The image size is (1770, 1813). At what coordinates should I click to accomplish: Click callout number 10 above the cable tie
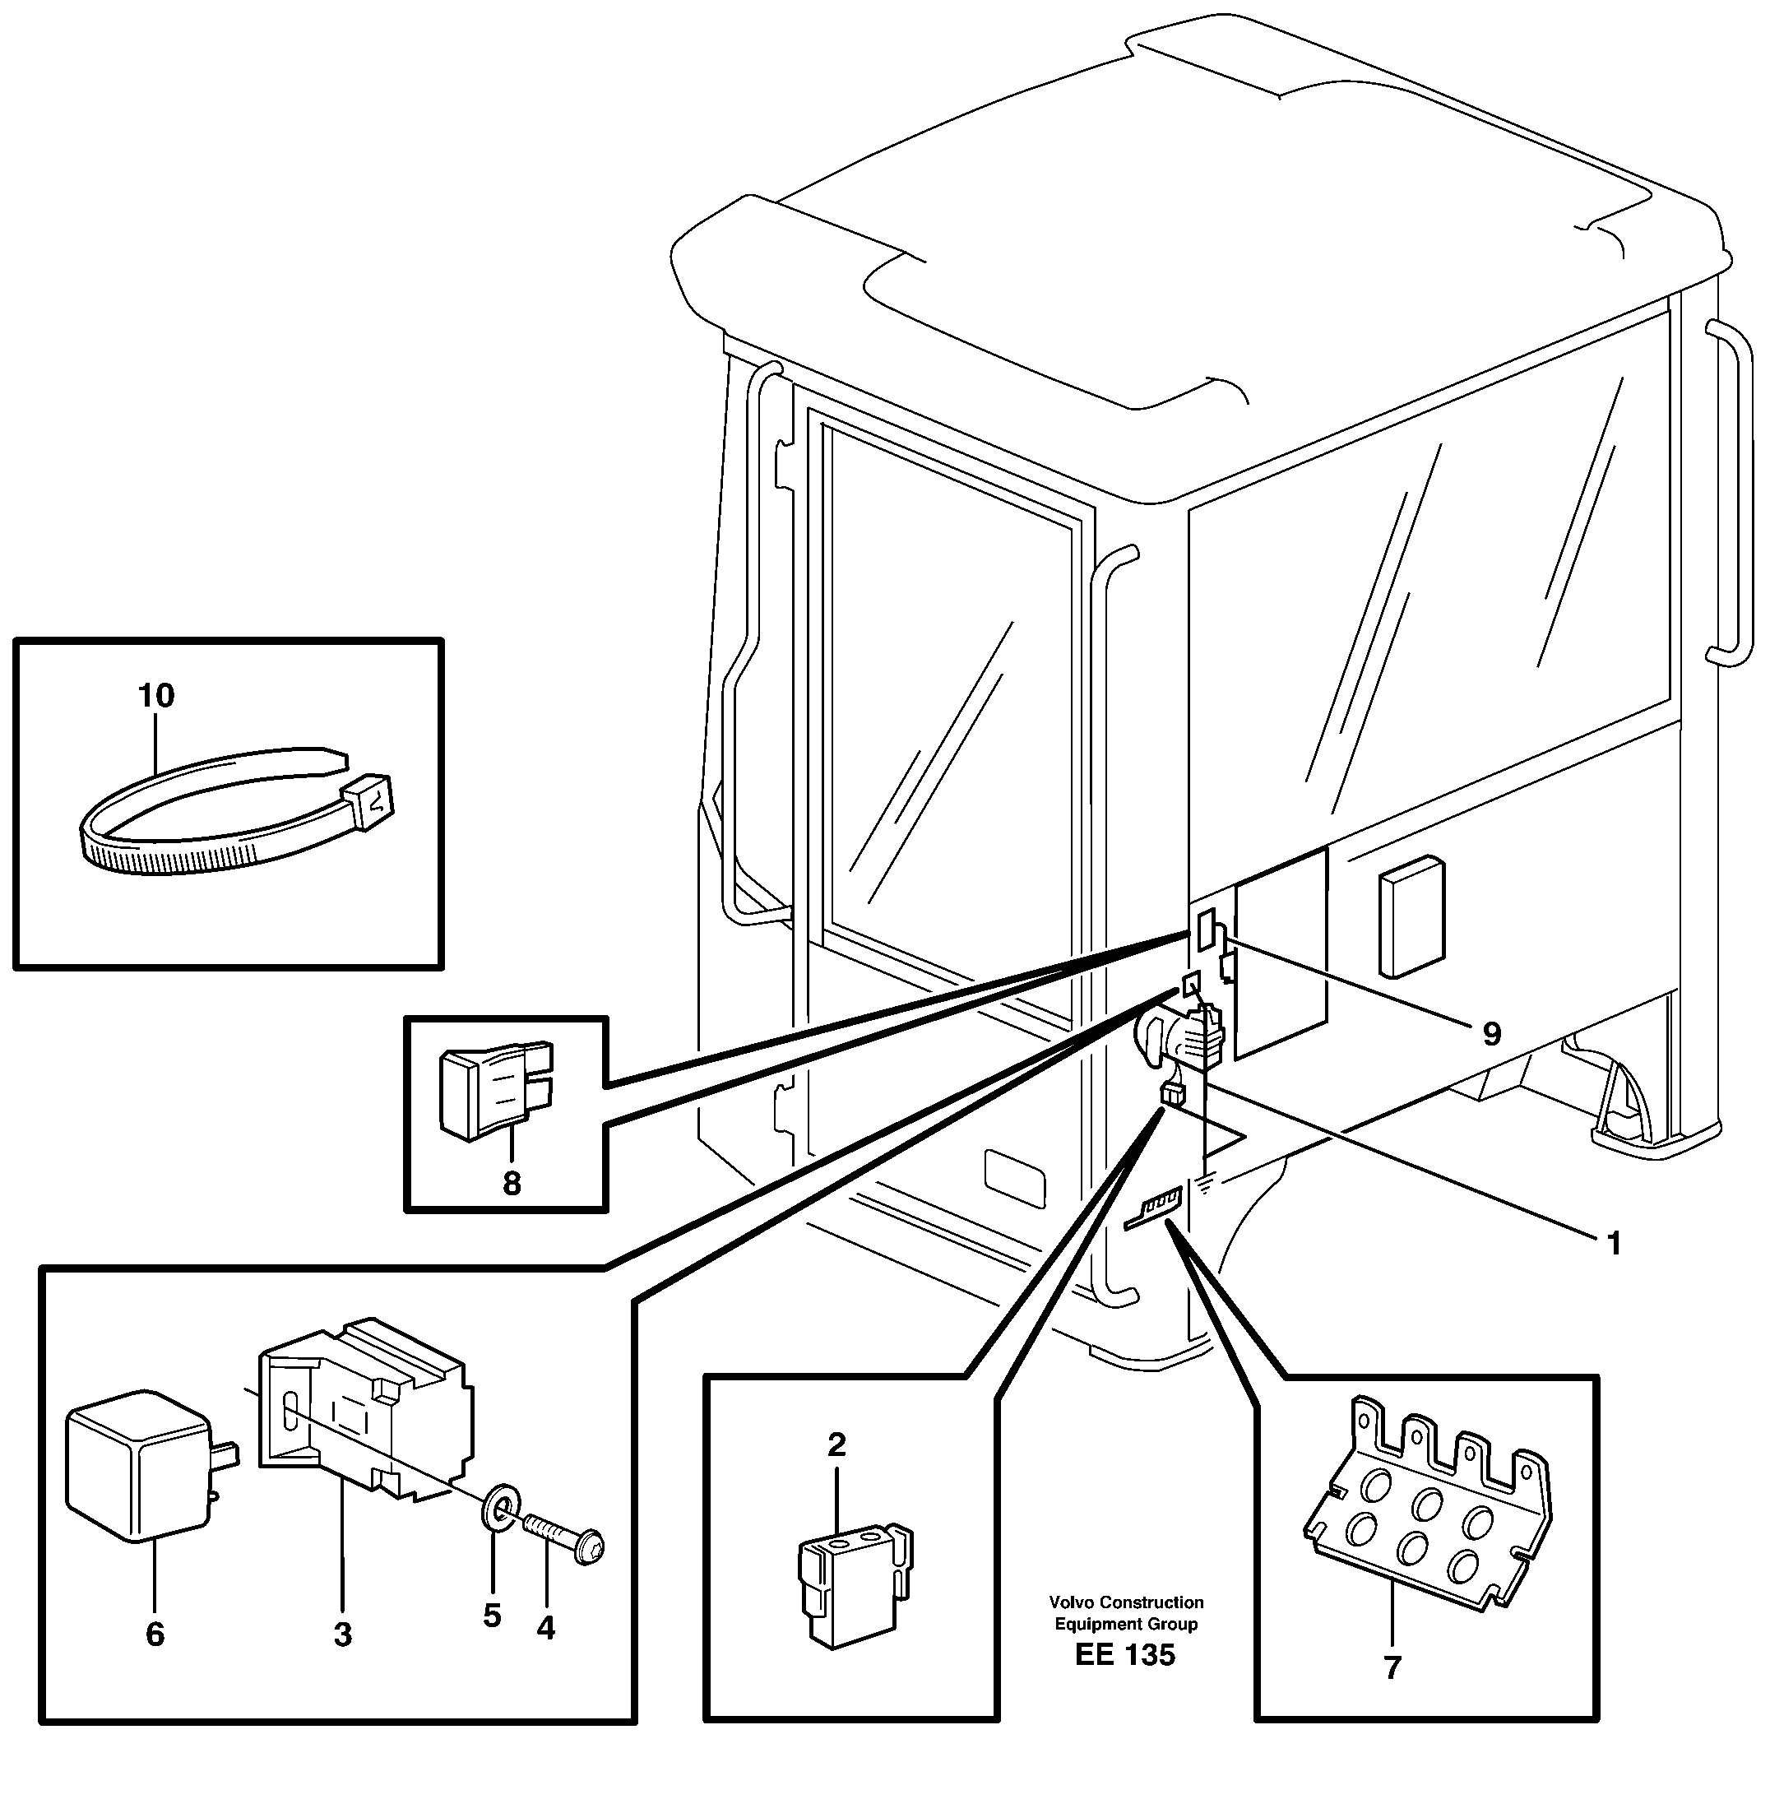[x=156, y=695]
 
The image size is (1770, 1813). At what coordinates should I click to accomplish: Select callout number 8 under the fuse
[x=512, y=1184]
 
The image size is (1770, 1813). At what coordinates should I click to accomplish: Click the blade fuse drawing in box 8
[x=495, y=1090]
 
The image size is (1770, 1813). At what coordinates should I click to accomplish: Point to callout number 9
[x=1491, y=1034]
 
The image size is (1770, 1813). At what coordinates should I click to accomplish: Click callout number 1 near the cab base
[x=1614, y=1244]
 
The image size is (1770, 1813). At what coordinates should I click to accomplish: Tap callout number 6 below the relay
[x=155, y=1634]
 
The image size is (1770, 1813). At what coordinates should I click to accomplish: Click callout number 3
[x=343, y=1634]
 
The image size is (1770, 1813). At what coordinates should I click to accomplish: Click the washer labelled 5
[x=500, y=1505]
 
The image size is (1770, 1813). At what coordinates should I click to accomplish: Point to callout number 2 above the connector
[x=836, y=1444]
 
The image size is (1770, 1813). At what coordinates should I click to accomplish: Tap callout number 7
[x=1392, y=1668]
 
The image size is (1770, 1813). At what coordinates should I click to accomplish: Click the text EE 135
[x=1125, y=1655]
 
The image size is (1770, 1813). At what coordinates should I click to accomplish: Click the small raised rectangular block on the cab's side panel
[x=1411, y=916]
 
